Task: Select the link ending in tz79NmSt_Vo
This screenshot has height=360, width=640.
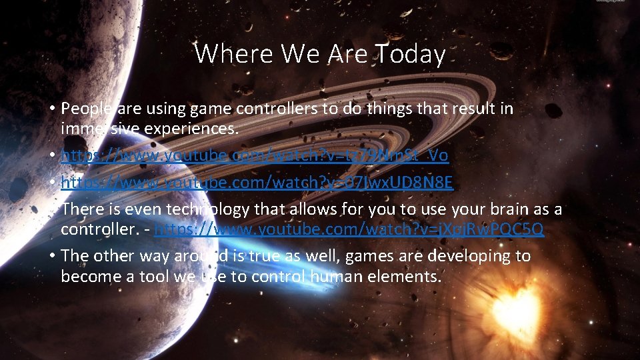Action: (x=254, y=155)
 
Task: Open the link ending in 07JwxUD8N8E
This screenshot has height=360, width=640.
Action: (x=257, y=182)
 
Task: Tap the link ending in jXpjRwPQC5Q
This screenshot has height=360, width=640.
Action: (x=349, y=229)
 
